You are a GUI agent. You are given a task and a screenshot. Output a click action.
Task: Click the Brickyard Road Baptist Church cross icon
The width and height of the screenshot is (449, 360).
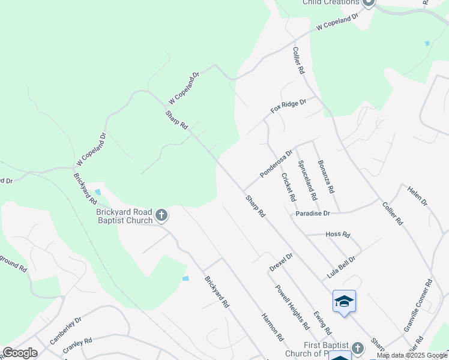pos(161,215)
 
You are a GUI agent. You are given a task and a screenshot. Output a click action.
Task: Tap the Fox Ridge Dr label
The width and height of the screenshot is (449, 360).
pos(288,106)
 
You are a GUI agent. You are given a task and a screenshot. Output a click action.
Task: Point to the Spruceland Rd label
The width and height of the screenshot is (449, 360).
pos(307,179)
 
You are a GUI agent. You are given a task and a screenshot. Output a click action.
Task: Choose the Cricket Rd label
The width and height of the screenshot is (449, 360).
pos(288,187)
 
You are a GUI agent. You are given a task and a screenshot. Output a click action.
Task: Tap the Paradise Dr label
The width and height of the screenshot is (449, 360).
pos(313,214)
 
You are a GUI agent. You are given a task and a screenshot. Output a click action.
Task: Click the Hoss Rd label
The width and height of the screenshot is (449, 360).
pos(337,235)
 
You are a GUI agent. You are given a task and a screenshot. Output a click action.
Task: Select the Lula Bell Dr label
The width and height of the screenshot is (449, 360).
pos(342,265)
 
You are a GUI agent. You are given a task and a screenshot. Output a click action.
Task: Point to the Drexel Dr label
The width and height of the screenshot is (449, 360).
pos(280,262)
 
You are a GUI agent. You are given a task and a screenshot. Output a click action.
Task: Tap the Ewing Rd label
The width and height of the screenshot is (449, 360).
pos(322,322)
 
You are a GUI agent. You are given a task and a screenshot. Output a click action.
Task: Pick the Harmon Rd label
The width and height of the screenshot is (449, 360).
pos(273,326)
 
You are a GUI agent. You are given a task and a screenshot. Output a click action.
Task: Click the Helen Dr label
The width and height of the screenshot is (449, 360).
pos(417,195)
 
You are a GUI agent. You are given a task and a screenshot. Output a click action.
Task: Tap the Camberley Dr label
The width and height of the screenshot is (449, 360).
pos(65,331)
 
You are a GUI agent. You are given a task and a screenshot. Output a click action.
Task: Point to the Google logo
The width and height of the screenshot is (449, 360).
pos(20,353)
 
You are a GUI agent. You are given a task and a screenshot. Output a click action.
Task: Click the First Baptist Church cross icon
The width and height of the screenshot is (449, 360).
pos(358,348)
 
